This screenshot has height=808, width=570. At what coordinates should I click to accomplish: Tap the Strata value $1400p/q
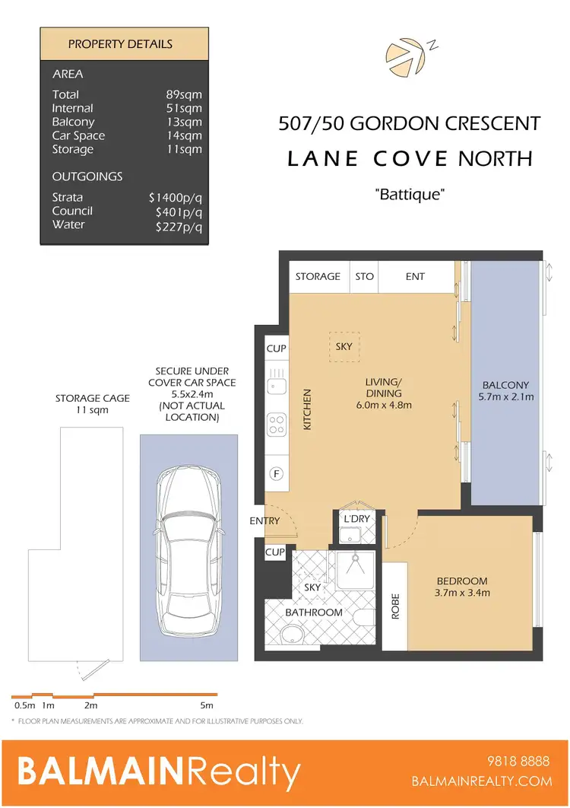pos(176,197)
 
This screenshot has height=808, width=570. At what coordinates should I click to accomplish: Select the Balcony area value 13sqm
pos(185,122)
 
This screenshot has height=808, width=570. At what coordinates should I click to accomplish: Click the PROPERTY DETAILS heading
pos(121,44)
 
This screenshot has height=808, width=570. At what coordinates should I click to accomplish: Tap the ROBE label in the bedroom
pos(395,606)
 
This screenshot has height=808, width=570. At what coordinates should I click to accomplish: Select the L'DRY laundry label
pos(356,519)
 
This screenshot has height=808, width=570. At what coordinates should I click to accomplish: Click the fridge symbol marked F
pos(277,474)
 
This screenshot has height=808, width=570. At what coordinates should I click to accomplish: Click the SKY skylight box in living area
pos(344,346)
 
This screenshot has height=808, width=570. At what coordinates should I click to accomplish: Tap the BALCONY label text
pos(505,385)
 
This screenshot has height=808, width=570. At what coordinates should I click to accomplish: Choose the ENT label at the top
pos(415,276)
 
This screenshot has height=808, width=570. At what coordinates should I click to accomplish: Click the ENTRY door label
pos(264,521)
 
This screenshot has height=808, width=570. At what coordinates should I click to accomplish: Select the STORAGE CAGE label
pos(92,398)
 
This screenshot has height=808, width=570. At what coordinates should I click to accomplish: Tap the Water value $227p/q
pos(179,224)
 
